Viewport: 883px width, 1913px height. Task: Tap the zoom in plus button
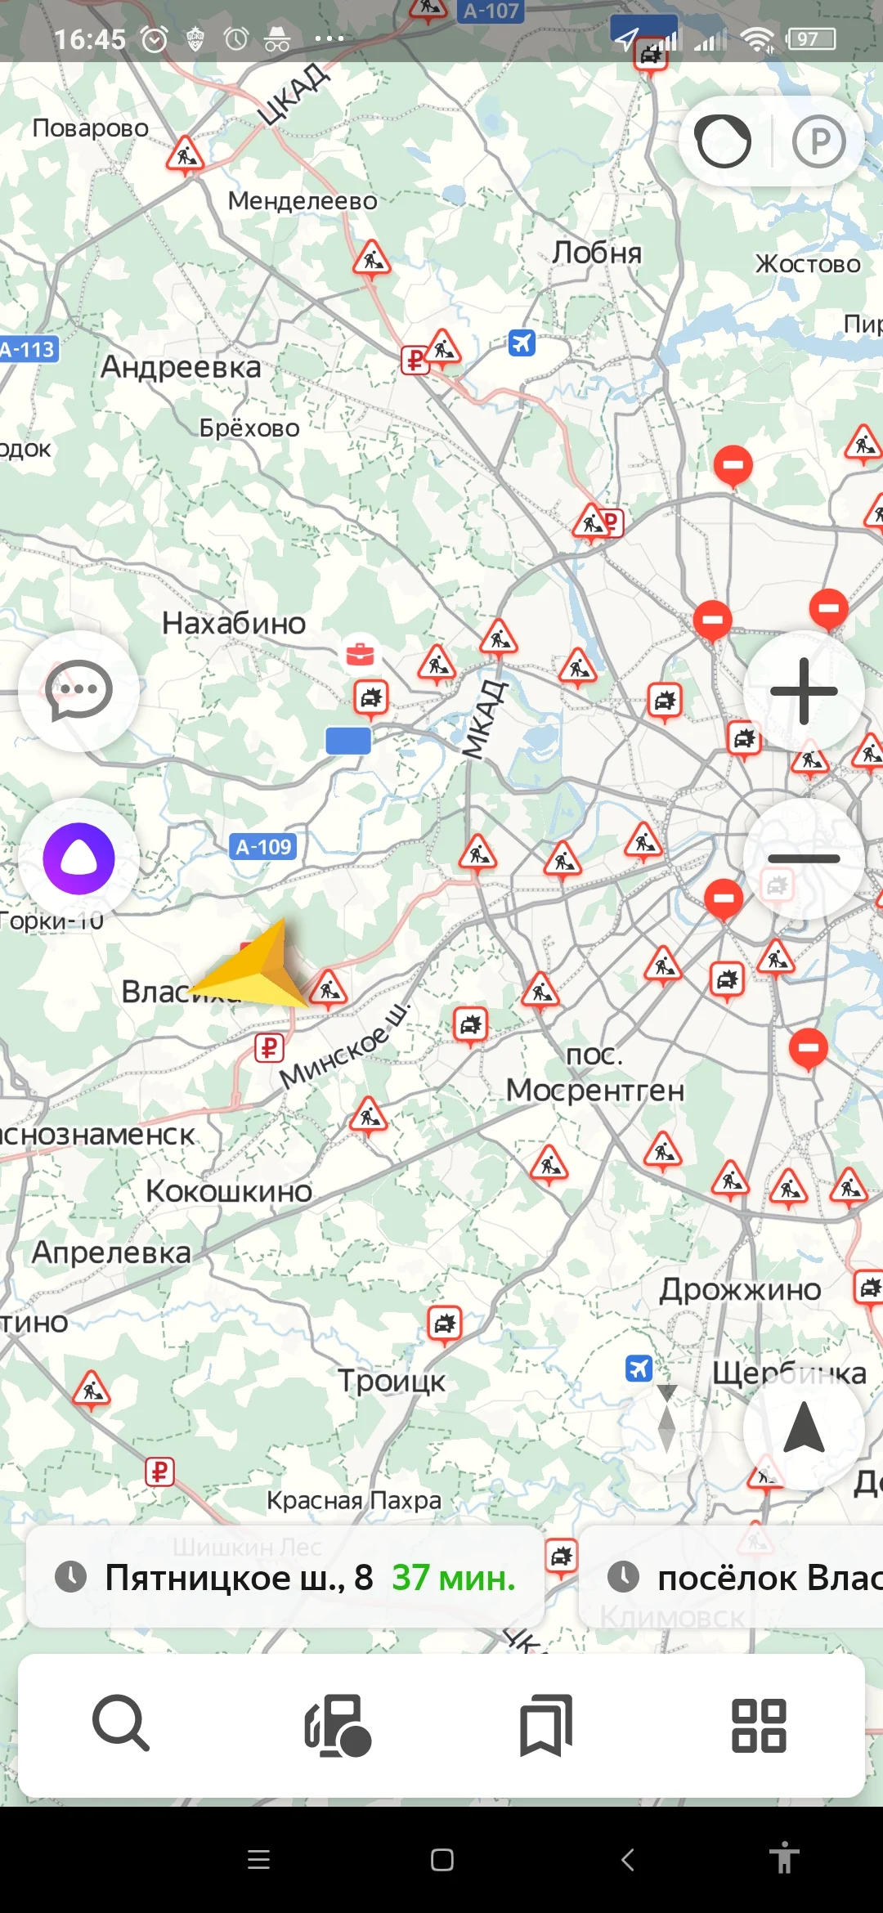(804, 692)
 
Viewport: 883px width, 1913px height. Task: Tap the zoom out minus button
(804, 858)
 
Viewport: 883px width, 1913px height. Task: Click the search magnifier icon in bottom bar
(121, 1723)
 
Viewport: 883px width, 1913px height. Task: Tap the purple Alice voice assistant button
(78, 858)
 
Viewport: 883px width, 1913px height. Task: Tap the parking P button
(818, 141)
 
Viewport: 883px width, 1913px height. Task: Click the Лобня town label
(596, 253)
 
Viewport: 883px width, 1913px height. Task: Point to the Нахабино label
(234, 623)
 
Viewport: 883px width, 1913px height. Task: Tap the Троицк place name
(392, 1381)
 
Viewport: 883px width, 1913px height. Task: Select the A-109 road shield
(263, 847)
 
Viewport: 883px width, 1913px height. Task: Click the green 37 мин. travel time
(454, 1578)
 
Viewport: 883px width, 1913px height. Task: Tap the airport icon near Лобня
(522, 342)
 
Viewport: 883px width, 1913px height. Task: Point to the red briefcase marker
(360, 654)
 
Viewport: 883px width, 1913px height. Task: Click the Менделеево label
(303, 200)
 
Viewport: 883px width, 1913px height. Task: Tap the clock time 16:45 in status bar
(90, 38)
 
